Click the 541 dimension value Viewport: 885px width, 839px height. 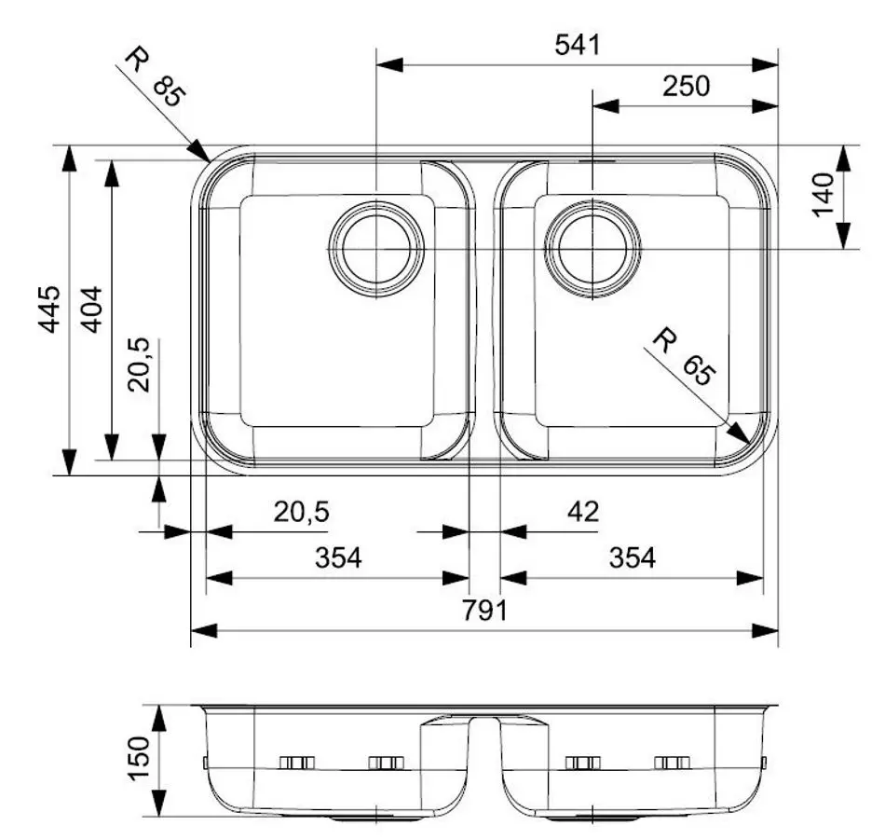click(x=577, y=45)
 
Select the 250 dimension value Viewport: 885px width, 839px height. click(x=686, y=87)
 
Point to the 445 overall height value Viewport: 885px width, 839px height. click(x=49, y=309)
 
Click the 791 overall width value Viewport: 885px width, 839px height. click(x=484, y=612)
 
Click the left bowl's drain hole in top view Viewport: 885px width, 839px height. click(x=376, y=249)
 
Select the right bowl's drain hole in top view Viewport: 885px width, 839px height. click(x=592, y=249)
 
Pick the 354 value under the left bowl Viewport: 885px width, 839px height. click(x=337, y=558)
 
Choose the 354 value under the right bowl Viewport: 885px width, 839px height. click(x=633, y=558)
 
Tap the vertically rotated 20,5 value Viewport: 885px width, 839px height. click(x=140, y=366)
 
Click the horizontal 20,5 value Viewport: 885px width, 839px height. click(x=301, y=511)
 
